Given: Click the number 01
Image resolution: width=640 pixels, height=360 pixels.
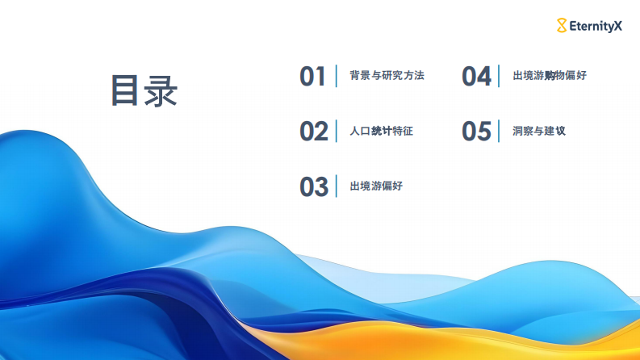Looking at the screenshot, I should [312, 76].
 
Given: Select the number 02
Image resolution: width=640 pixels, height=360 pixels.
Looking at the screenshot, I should [313, 131].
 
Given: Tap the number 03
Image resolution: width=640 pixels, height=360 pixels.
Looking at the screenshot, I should [313, 186].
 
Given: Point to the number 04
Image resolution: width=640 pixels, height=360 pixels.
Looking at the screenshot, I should [476, 76].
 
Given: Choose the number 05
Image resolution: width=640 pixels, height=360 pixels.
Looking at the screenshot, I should [476, 131].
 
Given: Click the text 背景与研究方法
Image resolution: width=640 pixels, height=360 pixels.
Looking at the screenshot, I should [387, 76].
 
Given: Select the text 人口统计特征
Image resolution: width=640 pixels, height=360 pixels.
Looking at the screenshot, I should [381, 131].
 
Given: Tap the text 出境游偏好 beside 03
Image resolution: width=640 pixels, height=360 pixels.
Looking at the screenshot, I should [376, 186].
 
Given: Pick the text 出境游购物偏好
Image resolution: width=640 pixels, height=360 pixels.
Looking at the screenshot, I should [550, 76].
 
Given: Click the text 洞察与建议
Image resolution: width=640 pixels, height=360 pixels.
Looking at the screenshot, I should [538, 131].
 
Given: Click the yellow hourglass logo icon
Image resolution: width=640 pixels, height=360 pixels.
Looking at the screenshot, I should [562, 26].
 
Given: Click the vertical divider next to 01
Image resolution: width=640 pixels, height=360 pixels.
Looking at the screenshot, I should [337, 76].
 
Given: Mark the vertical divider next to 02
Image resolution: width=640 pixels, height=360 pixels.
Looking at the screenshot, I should [337, 131].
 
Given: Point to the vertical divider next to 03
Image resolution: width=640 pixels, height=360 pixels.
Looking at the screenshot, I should [337, 186].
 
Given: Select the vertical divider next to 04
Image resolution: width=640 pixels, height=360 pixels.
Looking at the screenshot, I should [500, 76].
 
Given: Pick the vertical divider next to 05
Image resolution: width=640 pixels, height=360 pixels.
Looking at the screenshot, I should [500, 131].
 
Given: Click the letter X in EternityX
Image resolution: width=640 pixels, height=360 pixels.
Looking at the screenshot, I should [618, 26].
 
